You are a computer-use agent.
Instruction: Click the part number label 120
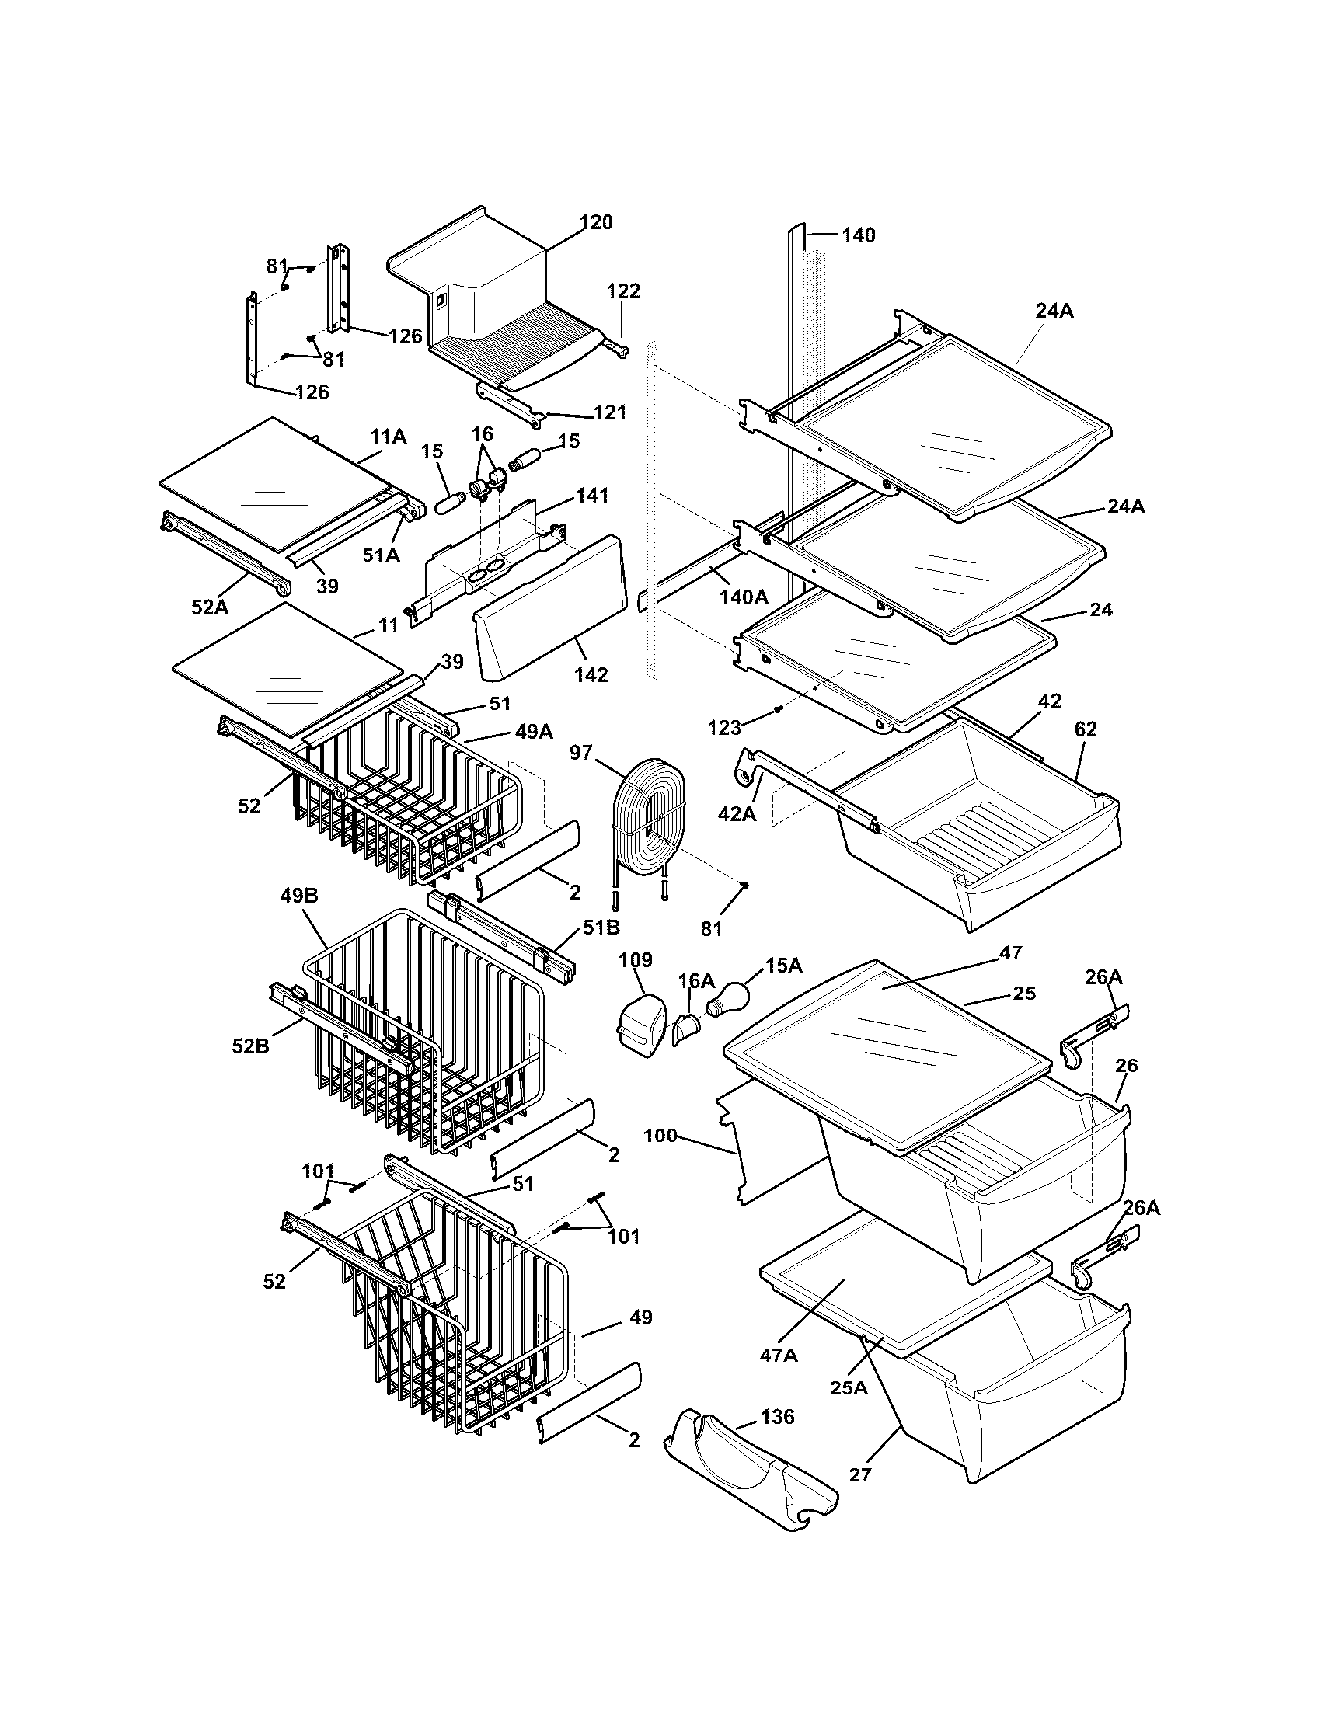coord(596,222)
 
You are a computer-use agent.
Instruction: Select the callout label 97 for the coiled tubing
coord(580,753)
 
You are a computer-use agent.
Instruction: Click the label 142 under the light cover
coord(591,674)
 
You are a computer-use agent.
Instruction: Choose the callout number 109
coord(635,960)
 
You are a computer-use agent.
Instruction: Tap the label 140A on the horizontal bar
coord(744,597)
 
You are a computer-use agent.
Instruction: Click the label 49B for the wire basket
coord(299,896)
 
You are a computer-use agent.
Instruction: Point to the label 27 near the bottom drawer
coord(860,1475)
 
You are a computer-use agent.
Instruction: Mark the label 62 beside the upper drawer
coord(1086,729)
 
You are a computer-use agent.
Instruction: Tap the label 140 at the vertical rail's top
coord(859,235)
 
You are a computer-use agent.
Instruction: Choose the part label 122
coord(623,291)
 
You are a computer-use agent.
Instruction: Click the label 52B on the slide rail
coord(250,1046)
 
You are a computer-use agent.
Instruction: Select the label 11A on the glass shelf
coord(389,437)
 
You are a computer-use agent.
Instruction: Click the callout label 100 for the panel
coord(660,1136)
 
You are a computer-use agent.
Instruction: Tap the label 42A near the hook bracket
coord(737,814)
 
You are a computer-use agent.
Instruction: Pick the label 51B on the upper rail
coord(601,928)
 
